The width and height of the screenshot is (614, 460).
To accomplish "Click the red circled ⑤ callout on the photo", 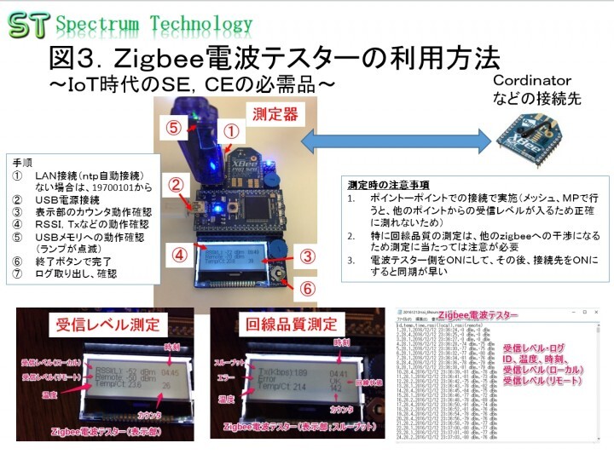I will (174, 127).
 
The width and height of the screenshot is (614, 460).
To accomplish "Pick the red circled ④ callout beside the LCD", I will (177, 254).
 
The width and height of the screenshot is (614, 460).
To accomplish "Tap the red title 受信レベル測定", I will (100, 325).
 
